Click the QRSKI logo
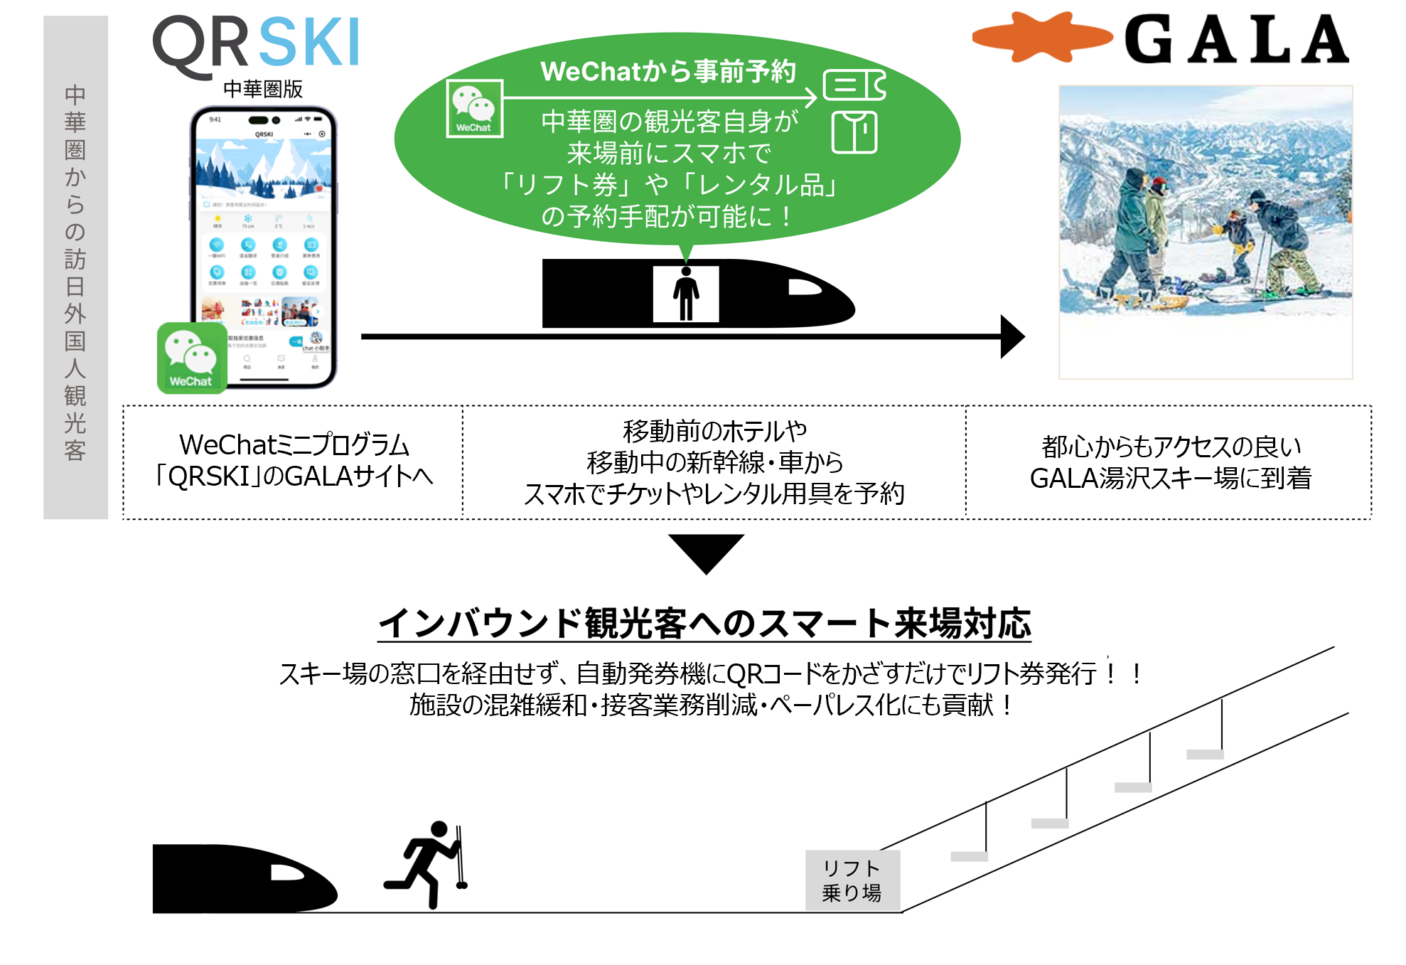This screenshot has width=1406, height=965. [x=256, y=44]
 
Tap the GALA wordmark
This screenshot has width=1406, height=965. [x=1236, y=40]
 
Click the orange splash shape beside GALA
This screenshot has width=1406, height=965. [x=1041, y=37]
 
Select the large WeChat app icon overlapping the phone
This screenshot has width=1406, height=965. [x=191, y=358]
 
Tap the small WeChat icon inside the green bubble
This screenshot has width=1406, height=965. [x=474, y=108]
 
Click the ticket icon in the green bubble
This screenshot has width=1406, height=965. [x=854, y=85]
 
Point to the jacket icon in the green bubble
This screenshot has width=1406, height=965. [x=854, y=132]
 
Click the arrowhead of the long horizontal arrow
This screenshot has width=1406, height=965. [x=1011, y=336]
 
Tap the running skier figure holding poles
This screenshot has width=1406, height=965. [x=429, y=863]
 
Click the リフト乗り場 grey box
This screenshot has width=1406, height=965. [x=852, y=880]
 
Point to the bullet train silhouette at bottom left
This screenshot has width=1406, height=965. [x=242, y=878]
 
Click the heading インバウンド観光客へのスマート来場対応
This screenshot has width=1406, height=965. [x=704, y=624]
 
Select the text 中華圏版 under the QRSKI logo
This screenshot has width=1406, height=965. [x=263, y=89]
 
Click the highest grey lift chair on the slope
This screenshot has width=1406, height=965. [x=1205, y=755]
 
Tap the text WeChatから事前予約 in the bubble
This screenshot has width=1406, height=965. [x=667, y=71]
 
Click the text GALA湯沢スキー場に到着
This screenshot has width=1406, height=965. [x=1170, y=478]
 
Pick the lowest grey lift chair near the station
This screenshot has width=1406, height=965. [x=969, y=856]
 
